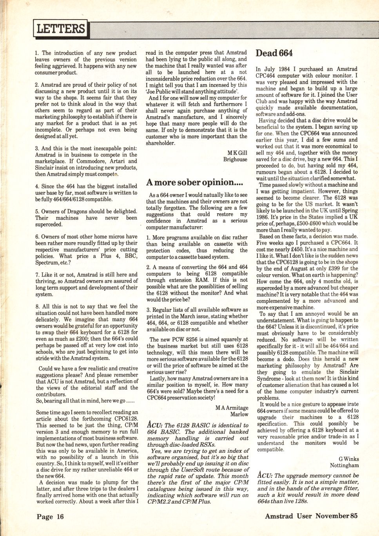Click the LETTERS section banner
pos(61,29)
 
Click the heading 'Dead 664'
pos(274,53)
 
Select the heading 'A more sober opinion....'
pos(195,182)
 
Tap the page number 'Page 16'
pos(50,517)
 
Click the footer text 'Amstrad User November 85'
pos(311,516)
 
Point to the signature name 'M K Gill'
pos(237,153)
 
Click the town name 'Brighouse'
pos(235,160)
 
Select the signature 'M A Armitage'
pos(232,408)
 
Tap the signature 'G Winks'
pos(349,459)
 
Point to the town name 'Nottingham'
pos(344,466)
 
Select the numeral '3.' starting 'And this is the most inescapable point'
pos(37,148)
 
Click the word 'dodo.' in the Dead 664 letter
pos(287,359)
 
